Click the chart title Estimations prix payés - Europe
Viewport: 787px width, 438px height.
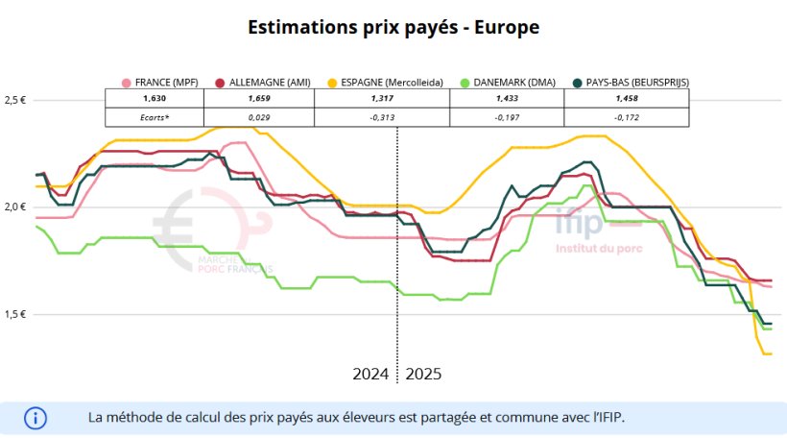393,27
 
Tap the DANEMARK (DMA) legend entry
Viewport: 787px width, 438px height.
507,82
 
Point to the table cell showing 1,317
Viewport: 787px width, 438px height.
382,99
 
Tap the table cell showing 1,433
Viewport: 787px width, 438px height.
507,99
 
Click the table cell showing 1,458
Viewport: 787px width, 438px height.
627,99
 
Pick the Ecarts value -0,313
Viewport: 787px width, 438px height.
382,117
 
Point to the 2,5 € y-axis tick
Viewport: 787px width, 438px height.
16,100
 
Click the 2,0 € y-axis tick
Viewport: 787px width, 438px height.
16,207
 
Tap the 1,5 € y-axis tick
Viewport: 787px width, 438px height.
16,315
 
